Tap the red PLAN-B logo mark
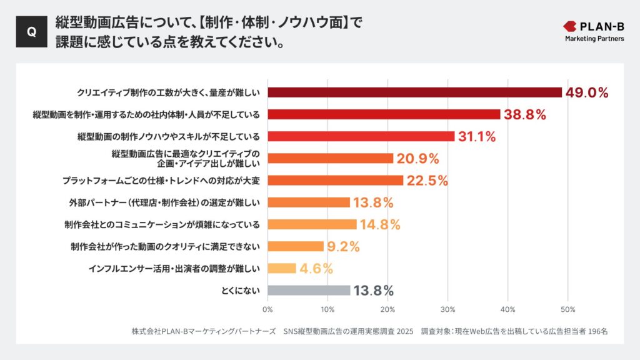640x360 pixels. click(570, 26)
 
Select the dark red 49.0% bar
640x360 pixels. click(414, 92)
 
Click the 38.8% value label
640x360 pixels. click(526, 114)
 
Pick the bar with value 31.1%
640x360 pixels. click(361, 136)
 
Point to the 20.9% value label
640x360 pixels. click(418, 159)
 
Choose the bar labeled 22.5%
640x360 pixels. click(335, 181)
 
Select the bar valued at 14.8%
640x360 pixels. click(312, 224)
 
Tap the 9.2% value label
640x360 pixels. click(344, 246)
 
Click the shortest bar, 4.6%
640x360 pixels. click(281, 268)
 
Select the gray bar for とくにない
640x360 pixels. click(309, 290)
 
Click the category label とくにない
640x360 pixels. click(241, 290)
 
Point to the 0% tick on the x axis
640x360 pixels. click(267, 309)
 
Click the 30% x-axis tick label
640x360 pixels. click(447, 309)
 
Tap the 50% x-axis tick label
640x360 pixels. click(567, 309)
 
